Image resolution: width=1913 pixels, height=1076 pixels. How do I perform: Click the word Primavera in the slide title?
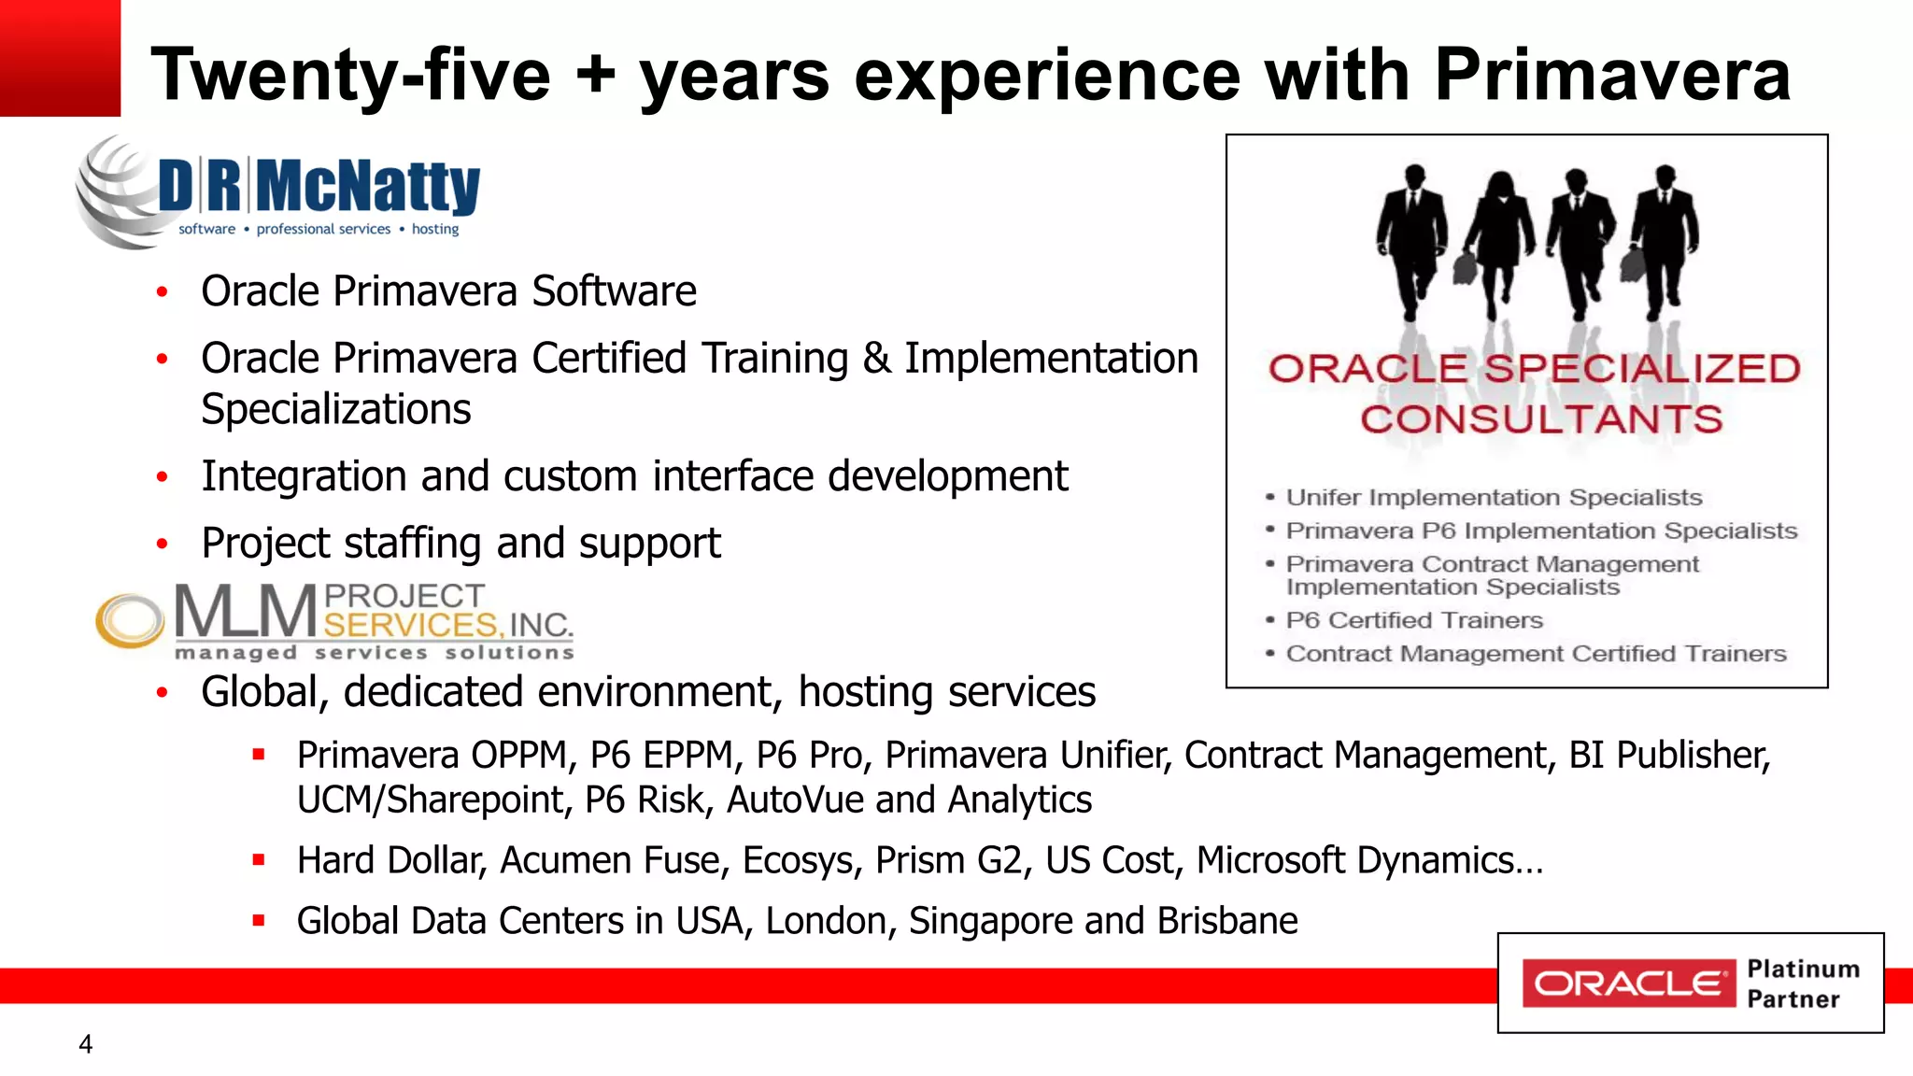point(1611,75)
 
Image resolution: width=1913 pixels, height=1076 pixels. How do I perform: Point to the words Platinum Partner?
point(1802,984)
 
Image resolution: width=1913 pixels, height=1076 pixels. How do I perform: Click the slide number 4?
point(86,1044)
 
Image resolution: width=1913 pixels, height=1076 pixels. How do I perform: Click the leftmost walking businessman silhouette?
point(1412,238)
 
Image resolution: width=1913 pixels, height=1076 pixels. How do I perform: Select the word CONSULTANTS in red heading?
point(1541,419)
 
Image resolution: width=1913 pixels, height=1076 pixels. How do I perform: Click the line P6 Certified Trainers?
point(1414,620)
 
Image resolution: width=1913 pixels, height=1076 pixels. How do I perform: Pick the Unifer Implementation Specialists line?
point(1494,498)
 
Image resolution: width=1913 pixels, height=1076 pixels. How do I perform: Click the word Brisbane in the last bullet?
point(1226,921)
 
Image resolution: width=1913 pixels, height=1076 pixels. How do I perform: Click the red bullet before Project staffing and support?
point(163,544)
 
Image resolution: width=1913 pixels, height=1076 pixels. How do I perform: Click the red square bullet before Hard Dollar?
point(259,860)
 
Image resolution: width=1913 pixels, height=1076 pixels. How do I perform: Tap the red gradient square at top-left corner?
point(60,58)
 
